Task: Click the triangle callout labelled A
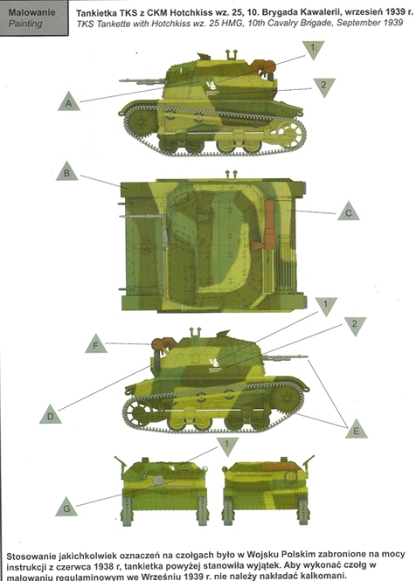pyautogui.click(x=69, y=102)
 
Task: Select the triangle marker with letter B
pyautogui.click(x=66, y=172)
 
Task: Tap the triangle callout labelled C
pyautogui.click(x=349, y=211)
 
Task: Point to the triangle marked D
pyautogui.click(x=51, y=415)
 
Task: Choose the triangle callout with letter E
pyautogui.click(x=357, y=430)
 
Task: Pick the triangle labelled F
pyautogui.click(x=95, y=344)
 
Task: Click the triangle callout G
pyautogui.click(x=66, y=507)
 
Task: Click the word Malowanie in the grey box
pyautogui.click(x=31, y=12)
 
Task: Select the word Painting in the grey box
pyautogui.click(x=25, y=24)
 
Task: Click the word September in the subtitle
pyautogui.click(x=358, y=23)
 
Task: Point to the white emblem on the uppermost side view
pyautogui.click(x=212, y=88)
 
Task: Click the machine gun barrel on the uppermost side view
pyautogui.click(x=142, y=80)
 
